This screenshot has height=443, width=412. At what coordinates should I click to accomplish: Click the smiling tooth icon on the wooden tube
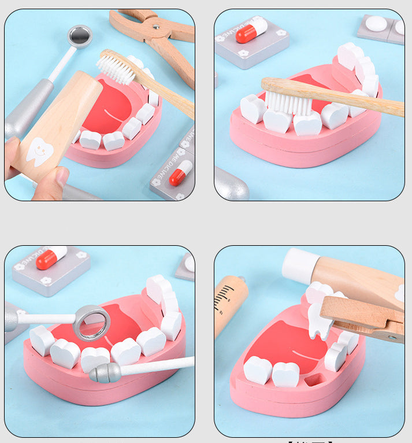(39, 152)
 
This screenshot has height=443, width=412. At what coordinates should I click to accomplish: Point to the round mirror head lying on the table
(80, 36)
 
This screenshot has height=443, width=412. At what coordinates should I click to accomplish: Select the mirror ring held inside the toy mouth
(92, 322)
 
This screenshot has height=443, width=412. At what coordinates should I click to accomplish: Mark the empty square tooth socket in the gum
(313, 380)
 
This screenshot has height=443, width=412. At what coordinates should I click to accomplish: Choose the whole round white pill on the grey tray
(376, 24)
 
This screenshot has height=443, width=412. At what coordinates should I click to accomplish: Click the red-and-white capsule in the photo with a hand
(180, 173)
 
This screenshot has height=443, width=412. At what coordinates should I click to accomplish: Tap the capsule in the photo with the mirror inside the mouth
(51, 258)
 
